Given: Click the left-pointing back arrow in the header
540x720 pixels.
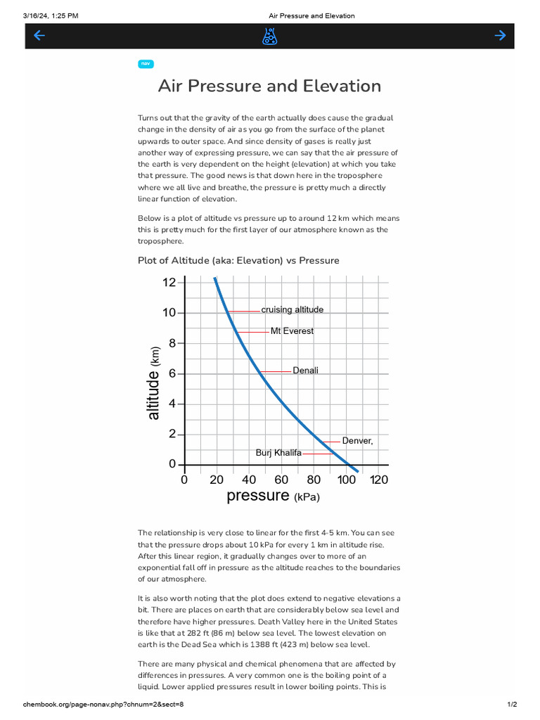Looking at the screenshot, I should coord(39,36).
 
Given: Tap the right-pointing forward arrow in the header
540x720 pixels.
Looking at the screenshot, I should coord(500,36).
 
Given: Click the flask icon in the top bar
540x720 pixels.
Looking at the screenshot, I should coord(269,37).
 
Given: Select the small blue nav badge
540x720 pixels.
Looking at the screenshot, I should coord(146,64).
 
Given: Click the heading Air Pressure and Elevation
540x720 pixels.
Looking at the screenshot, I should coord(269,86).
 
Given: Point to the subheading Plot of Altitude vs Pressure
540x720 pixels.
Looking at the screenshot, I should coord(238,260).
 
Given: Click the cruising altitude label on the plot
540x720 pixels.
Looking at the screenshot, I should coord(292,309).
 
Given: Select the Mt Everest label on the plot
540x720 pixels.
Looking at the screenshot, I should coord(292,331).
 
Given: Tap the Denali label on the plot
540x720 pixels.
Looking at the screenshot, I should coord(305,370).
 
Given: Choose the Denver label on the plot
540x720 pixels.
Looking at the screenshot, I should coord(357,441).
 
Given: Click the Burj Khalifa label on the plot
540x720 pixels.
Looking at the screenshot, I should coord(278,453).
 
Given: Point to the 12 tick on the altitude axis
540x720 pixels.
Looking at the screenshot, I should coord(169,283).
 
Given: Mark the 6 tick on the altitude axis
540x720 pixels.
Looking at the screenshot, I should coord(172,373).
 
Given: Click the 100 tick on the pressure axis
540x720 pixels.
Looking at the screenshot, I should coord(346,480).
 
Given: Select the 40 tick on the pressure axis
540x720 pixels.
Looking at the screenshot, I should coord(249,480).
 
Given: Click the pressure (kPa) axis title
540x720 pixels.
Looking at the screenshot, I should coord(273,496).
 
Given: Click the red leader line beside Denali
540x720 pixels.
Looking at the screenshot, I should coord(276,371).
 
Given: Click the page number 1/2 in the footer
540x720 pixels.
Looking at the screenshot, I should coord(512,705).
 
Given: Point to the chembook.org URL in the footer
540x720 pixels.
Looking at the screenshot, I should coord(103,705).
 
